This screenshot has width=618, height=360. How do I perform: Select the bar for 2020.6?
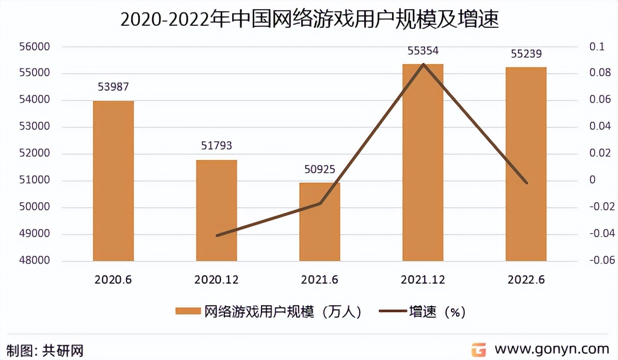click(x=113, y=181)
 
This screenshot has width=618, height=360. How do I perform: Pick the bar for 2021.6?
click(x=319, y=222)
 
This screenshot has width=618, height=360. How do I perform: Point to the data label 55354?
click(x=422, y=51)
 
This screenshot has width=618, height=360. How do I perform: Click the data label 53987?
click(x=113, y=87)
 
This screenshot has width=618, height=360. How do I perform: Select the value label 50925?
click(x=319, y=169)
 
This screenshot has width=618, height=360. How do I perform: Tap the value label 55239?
click(x=526, y=54)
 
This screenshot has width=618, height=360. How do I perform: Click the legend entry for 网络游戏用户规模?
click(x=268, y=312)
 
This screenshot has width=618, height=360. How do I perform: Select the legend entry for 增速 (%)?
click(x=423, y=312)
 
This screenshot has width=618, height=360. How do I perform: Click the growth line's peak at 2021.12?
click(x=424, y=64)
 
